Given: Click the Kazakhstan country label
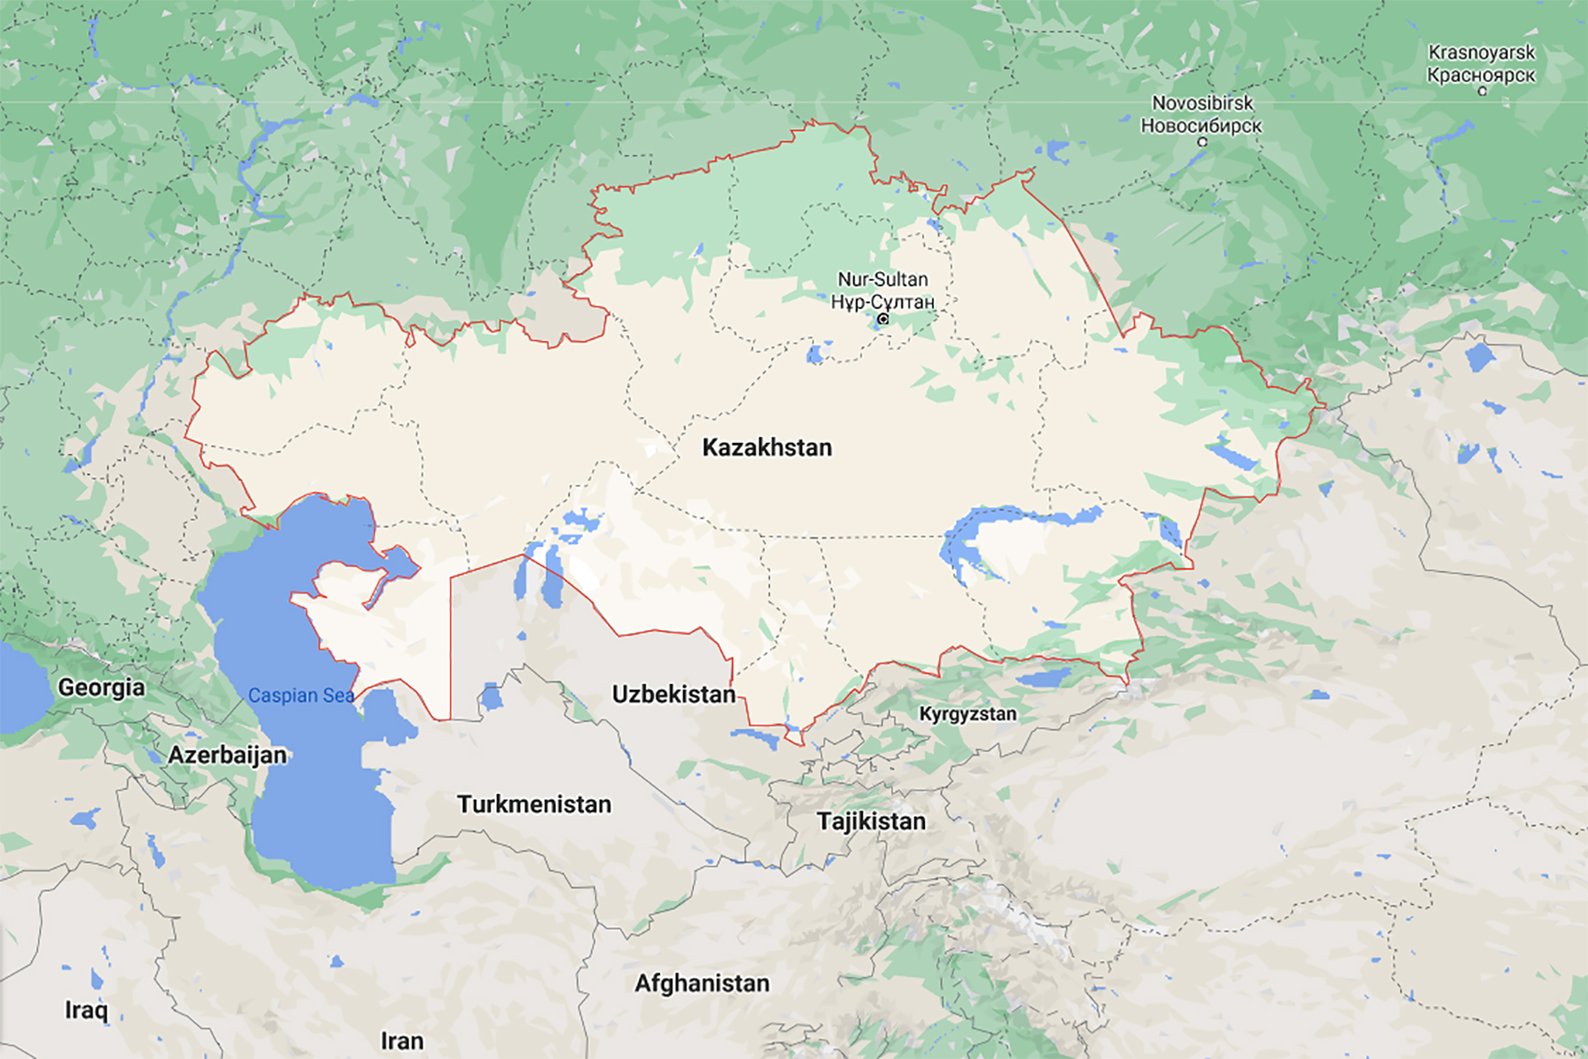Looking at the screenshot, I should pyautogui.click(x=766, y=447).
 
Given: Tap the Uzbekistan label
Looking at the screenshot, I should pyautogui.click(x=673, y=694).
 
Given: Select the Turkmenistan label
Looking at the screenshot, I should pyautogui.click(x=534, y=804).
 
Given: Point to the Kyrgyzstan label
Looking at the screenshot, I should pyautogui.click(x=967, y=713).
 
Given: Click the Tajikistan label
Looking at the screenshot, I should pyautogui.click(x=871, y=821).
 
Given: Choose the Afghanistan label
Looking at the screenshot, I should pyautogui.click(x=701, y=983).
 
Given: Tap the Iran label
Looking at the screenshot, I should pyautogui.click(x=402, y=1041).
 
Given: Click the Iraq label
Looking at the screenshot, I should pyautogui.click(x=86, y=1009).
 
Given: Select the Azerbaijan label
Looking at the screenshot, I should pyautogui.click(x=226, y=755).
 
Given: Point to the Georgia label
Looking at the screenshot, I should pyautogui.click(x=101, y=687).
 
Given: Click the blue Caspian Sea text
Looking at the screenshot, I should pyautogui.click(x=300, y=695).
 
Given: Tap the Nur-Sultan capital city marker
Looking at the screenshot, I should pyautogui.click(x=883, y=319).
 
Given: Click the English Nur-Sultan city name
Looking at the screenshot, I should pyautogui.click(x=882, y=279).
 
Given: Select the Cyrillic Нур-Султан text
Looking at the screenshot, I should pyautogui.click(x=882, y=301).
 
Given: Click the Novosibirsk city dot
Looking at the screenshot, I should pyautogui.click(x=1202, y=142).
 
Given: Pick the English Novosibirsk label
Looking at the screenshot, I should pyautogui.click(x=1202, y=103).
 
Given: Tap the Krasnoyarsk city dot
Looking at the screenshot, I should pyautogui.click(x=1482, y=91).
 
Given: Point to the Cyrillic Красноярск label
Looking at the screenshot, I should pyautogui.click(x=1481, y=74).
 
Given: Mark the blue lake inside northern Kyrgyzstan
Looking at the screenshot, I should pyautogui.click(x=1043, y=678).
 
